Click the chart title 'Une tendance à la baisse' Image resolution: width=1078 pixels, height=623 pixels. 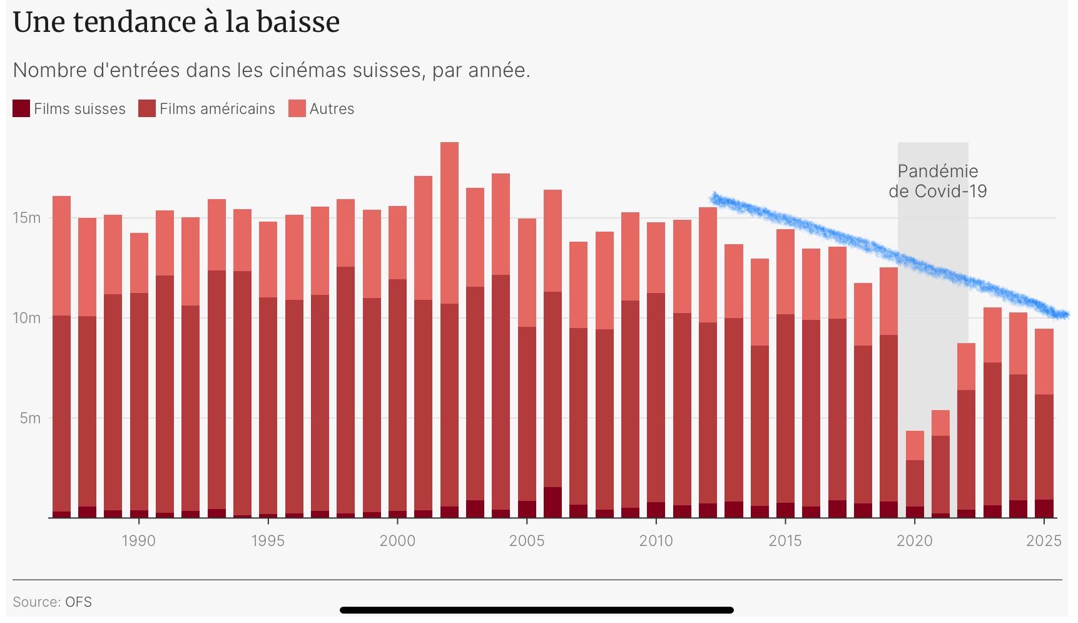click(x=176, y=23)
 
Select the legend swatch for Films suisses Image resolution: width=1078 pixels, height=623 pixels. click(x=21, y=108)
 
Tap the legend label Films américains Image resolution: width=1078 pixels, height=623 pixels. click(x=216, y=109)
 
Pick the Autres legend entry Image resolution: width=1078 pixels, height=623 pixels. click(x=332, y=109)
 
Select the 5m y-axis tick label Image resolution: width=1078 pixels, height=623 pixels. click(x=30, y=418)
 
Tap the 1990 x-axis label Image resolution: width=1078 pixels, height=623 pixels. click(x=138, y=540)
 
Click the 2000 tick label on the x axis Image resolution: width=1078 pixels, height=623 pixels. click(x=397, y=540)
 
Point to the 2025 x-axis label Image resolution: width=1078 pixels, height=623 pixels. click(x=1044, y=540)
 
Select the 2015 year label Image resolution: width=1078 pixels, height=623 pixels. click(x=785, y=540)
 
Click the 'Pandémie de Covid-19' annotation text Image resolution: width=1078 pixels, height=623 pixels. click(x=937, y=181)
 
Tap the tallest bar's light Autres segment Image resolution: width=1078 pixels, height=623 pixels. click(x=449, y=222)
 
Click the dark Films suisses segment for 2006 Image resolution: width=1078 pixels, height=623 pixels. click(x=552, y=502)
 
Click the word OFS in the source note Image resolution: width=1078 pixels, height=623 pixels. click(x=78, y=602)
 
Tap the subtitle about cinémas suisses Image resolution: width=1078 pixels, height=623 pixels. click(x=272, y=70)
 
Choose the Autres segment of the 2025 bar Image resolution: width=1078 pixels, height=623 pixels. click(x=1044, y=361)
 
